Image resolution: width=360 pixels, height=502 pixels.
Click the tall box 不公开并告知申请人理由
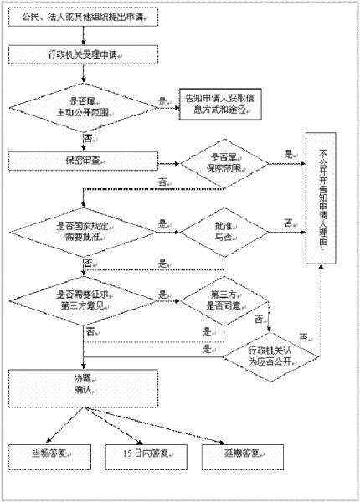coord(325,198)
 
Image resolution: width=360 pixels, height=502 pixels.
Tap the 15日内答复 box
coord(139,455)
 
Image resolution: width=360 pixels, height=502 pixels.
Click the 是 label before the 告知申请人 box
coord(162,101)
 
